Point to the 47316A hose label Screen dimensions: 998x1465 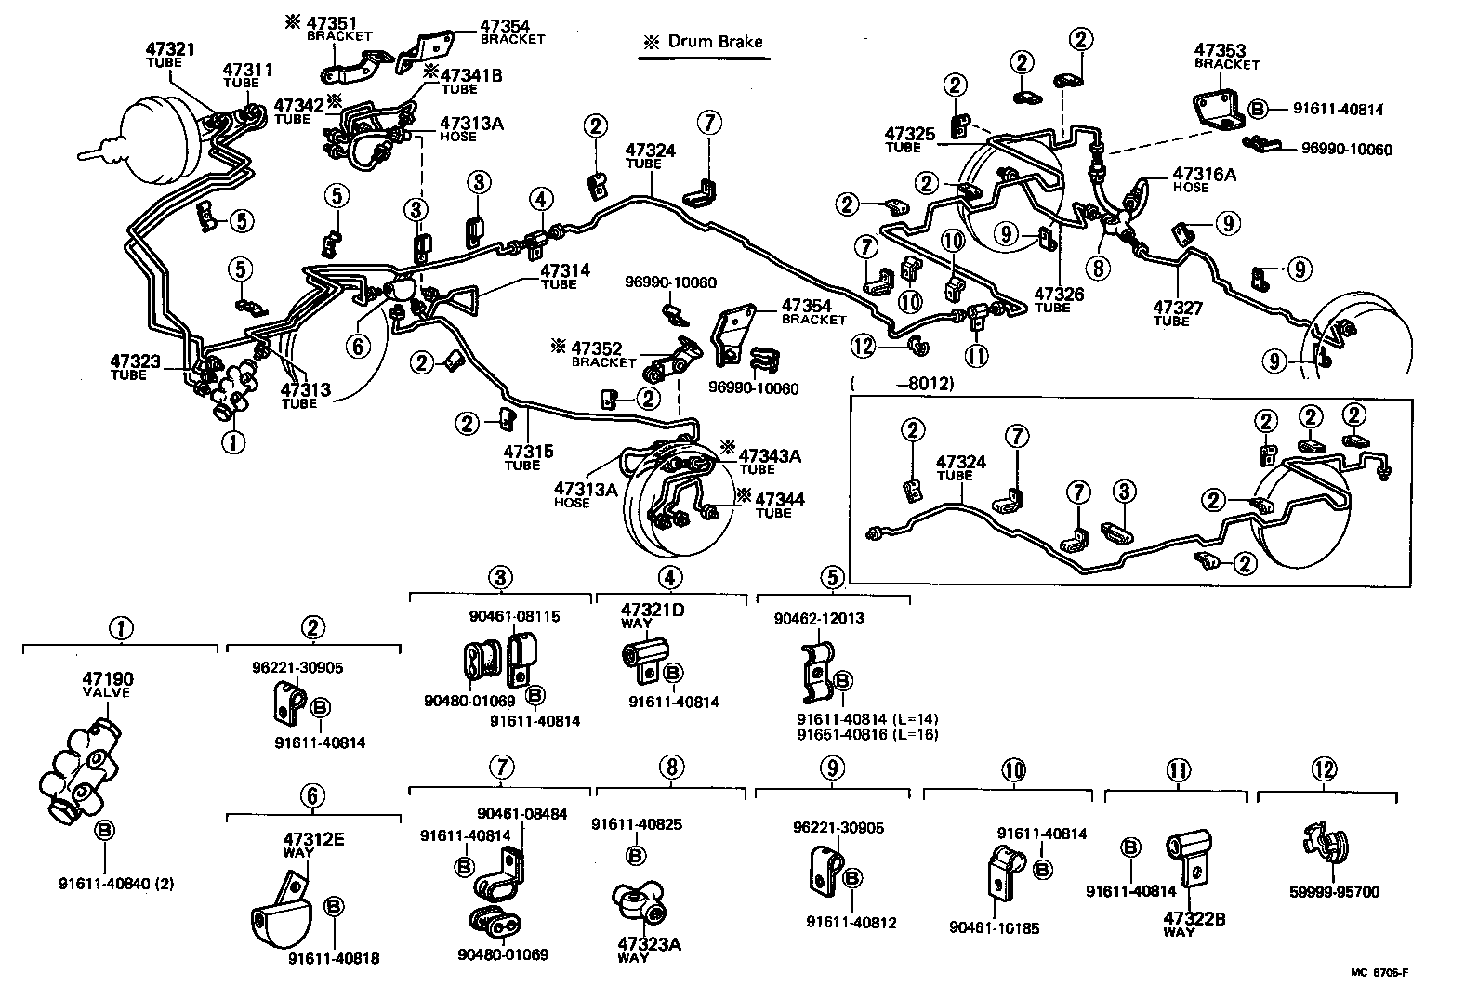1204,174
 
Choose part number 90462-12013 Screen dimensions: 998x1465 817,618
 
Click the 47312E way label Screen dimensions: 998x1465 313,840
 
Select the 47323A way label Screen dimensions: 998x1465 649,944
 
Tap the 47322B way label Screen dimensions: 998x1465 1194,919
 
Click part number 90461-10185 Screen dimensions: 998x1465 994,927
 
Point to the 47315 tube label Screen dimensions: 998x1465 528,453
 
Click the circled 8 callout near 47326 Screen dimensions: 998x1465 1100,268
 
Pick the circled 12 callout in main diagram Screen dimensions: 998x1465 864,346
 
